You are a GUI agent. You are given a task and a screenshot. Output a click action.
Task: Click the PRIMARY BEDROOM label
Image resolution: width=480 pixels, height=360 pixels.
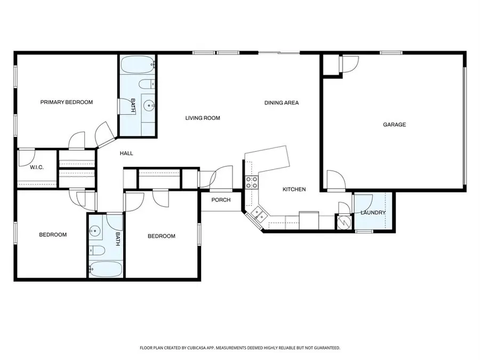(x=67, y=102)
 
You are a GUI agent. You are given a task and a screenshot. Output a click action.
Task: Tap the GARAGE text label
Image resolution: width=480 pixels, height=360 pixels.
(x=394, y=124)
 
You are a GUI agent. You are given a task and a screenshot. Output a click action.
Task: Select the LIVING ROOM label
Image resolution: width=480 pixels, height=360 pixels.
(x=203, y=118)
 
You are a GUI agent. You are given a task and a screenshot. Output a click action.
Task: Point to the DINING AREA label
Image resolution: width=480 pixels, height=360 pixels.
(x=281, y=102)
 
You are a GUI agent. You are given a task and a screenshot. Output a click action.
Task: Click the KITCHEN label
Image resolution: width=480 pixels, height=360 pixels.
(x=294, y=189)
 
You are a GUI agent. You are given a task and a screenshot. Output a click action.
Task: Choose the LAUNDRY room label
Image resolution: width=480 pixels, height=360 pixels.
(x=373, y=213)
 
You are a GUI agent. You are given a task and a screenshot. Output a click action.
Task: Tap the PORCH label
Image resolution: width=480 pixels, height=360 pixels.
(x=221, y=200)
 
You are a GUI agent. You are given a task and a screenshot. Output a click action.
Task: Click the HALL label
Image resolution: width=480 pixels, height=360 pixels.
(x=126, y=153)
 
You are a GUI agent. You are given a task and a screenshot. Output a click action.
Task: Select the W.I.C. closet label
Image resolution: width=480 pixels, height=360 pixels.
(x=37, y=167)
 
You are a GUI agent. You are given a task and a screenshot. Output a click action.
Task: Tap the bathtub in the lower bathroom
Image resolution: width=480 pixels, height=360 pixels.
(x=106, y=269)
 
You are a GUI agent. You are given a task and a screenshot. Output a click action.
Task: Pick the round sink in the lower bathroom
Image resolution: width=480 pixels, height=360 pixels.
(x=95, y=231)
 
